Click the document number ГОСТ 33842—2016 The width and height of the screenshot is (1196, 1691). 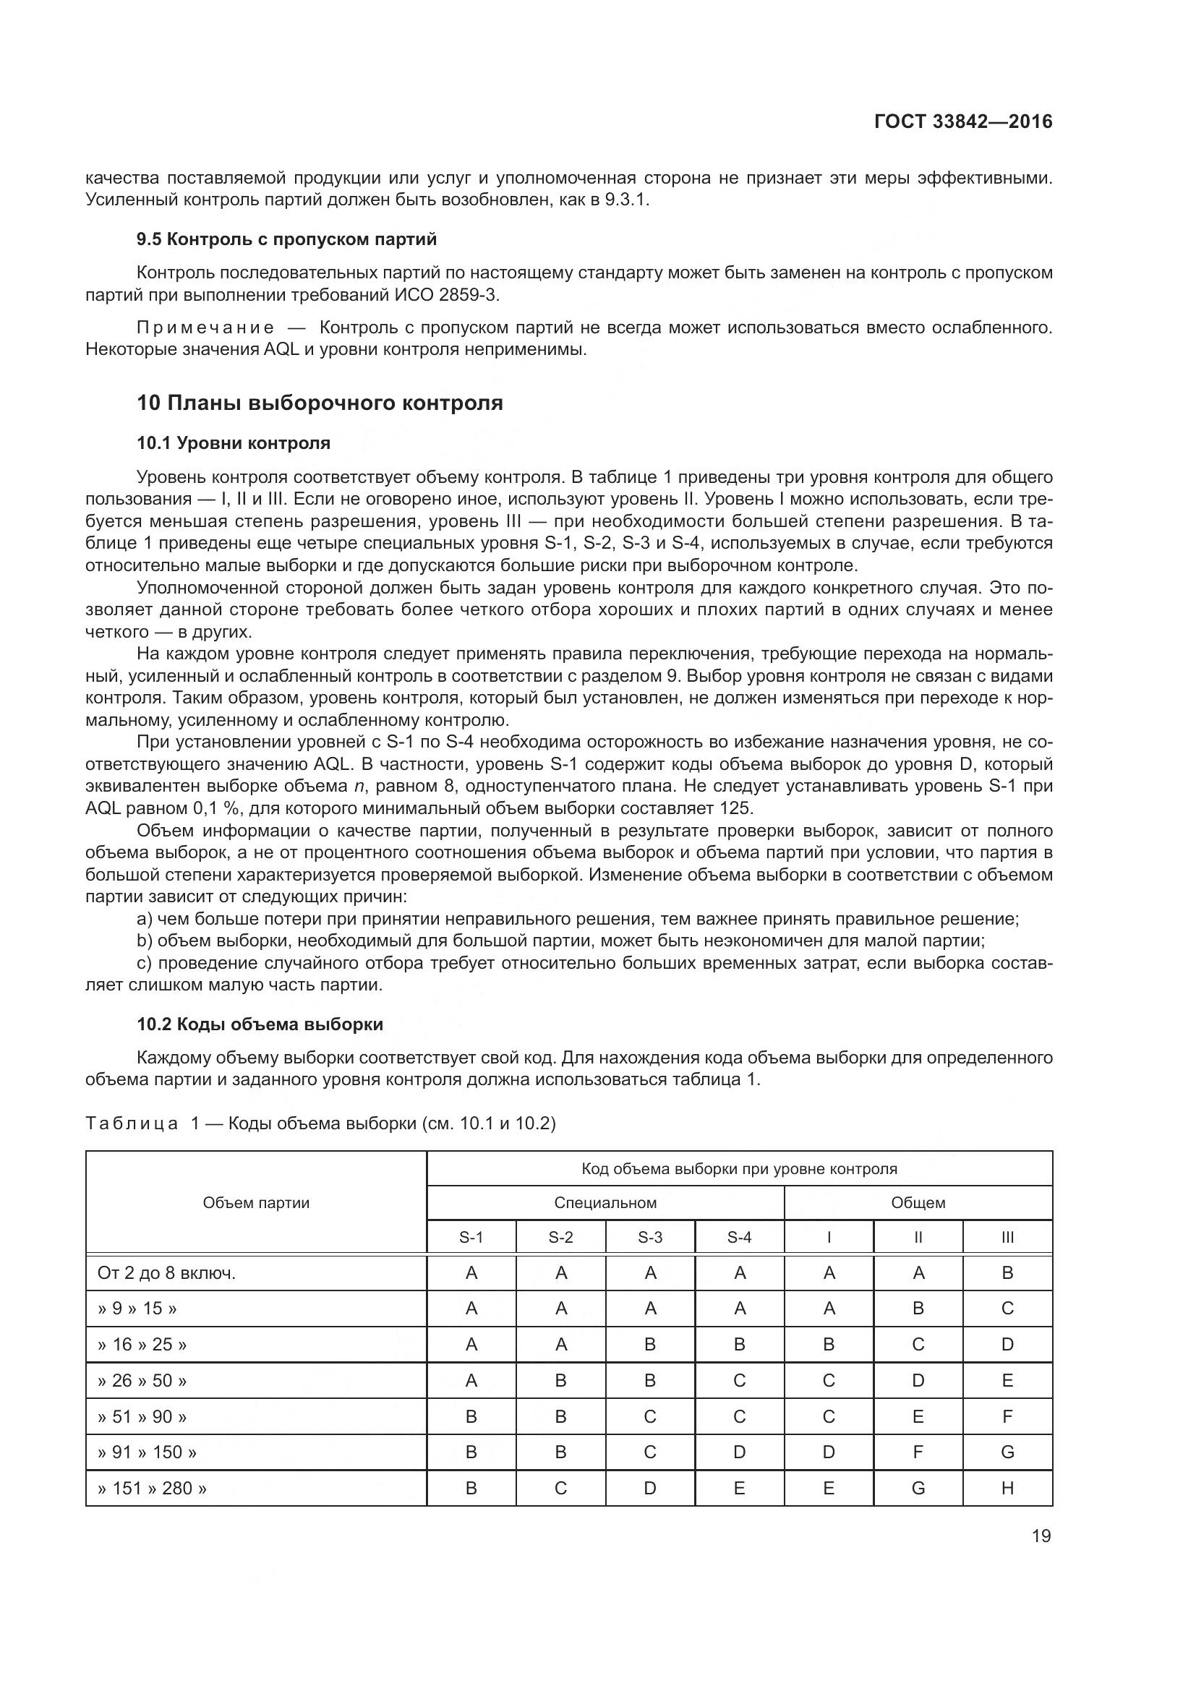click(x=962, y=121)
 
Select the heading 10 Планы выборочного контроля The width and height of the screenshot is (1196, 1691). click(x=320, y=403)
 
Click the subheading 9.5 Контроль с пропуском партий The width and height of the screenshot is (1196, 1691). click(x=286, y=239)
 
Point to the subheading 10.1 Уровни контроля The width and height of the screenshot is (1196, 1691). click(x=234, y=442)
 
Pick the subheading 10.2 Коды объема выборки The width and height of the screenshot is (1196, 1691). click(x=260, y=1024)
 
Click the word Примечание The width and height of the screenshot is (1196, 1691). click(x=205, y=328)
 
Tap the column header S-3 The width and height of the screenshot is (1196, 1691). click(x=649, y=1237)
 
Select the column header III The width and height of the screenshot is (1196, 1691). click(x=1007, y=1237)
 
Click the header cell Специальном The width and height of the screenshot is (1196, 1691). click(x=605, y=1203)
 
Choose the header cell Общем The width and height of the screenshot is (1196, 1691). click(x=918, y=1203)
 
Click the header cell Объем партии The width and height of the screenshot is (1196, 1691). click(x=255, y=1203)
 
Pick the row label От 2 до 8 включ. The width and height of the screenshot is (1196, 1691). click(x=166, y=1273)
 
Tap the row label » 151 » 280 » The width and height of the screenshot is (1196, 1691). click(x=152, y=1488)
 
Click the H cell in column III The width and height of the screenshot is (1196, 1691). click(x=1007, y=1488)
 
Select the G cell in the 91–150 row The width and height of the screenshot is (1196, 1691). click(x=1007, y=1452)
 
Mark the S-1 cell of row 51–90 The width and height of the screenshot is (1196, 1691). click(x=471, y=1416)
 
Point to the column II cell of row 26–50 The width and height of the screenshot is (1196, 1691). click(x=918, y=1380)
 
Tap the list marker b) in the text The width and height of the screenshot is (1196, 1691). click(x=144, y=941)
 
